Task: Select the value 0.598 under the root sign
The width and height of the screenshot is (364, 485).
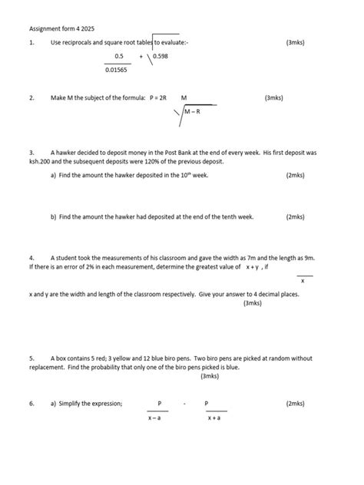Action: (x=161, y=56)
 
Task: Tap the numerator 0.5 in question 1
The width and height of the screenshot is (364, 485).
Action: (x=119, y=56)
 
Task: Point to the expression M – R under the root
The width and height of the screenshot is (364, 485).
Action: (x=193, y=112)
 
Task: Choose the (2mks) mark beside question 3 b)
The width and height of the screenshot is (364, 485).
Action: (x=295, y=217)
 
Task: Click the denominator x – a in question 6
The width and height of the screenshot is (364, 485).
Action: (x=159, y=417)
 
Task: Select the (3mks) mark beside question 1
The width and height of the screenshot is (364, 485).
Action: (x=295, y=42)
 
